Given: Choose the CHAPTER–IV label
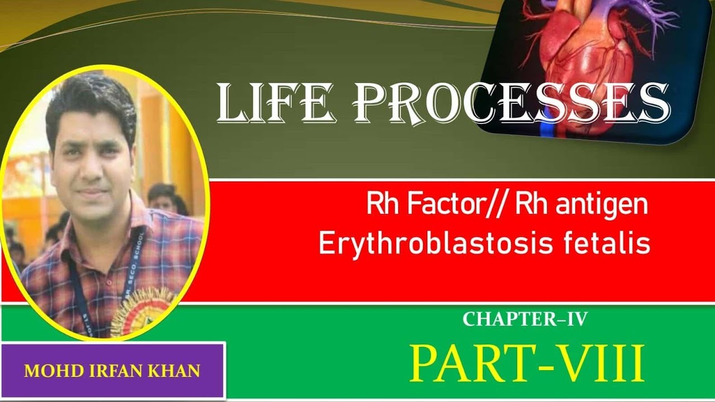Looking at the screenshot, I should [525, 319].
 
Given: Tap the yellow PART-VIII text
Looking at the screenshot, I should [527, 363].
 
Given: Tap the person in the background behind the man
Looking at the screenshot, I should [162, 198].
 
